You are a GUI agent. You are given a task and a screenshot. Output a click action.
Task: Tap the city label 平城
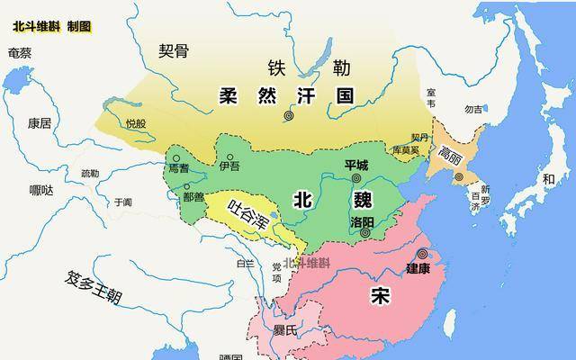[356, 165]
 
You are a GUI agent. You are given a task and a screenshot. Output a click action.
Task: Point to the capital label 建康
[418, 267]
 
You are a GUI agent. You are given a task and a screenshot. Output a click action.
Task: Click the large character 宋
[379, 297]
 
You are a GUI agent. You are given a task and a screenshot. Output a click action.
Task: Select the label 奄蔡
[20, 52]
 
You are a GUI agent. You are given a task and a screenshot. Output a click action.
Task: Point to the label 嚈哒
[41, 190]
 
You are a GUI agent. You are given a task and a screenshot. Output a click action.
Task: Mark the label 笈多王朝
[94, 287]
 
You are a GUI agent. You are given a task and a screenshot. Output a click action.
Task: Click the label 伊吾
[229, 166]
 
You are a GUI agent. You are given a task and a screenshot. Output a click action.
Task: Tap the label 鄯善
[193, 195]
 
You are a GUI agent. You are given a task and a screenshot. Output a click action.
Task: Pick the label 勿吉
[473, 110]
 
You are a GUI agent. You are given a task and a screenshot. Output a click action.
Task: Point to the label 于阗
[122, 202]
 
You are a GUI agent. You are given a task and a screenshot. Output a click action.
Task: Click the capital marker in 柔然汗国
[289, 115]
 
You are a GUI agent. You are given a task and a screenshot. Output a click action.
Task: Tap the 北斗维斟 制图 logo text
[51, 26]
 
